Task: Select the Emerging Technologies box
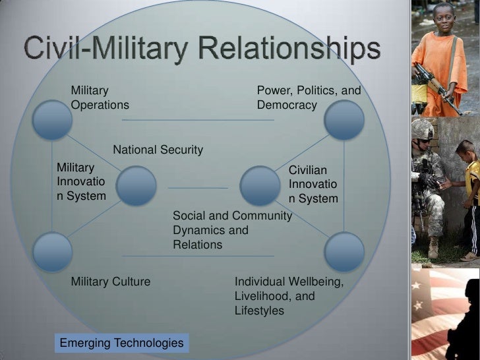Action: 121,343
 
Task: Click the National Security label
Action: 158,150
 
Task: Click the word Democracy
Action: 287,105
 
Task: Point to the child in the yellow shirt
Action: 469,178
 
